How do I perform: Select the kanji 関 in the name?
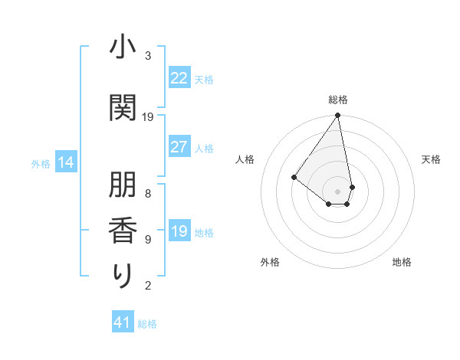(x=123, y=109)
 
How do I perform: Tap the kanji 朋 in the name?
(x=123, y=187)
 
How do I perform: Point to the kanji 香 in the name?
(x=123, y=231)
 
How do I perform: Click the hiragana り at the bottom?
(x=123, y=276)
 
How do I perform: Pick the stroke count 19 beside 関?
(x=148, y=117)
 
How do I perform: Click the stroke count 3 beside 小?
(x=148, y=56)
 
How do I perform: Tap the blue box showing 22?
(x=179, y=78)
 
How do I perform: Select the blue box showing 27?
(x=179, y=147)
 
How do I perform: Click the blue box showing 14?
(x=66, y=162)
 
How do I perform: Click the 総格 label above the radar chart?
(x=338, y=100)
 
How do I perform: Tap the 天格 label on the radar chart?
(x=431, y=159)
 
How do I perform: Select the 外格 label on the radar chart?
(x=270, y=262)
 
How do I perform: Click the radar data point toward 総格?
(x=337, y=116)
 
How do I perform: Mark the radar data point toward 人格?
(x=294, y=177)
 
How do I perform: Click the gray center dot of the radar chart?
(x=337, y=191)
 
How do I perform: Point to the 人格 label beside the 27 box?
(x=205, y=148)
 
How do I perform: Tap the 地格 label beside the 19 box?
(x=205, y=232)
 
